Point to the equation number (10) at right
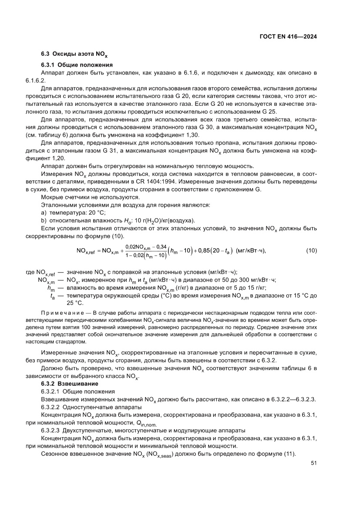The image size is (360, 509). [311, 250]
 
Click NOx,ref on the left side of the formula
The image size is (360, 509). [86, 251]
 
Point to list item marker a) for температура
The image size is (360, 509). [44, 212]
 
